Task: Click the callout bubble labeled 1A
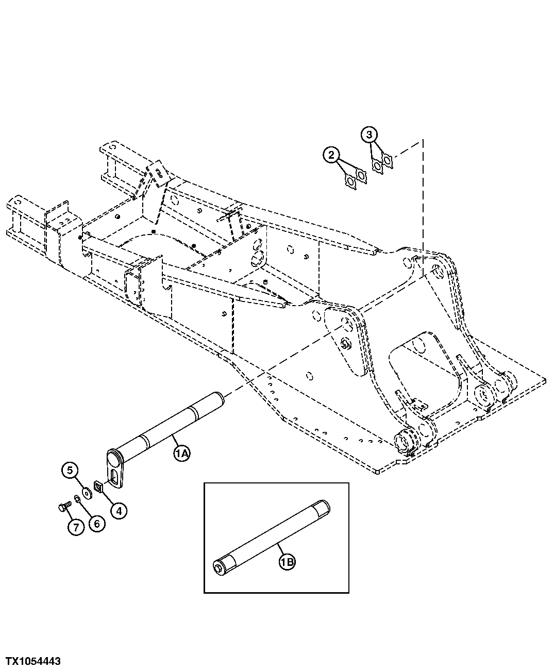click(181, 454)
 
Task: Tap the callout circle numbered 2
click(331, 154)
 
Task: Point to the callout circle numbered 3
click(368, 135)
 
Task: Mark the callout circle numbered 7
click(75, 527)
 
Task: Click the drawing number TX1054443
click(33, 661)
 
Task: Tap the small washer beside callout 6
click(77, 498)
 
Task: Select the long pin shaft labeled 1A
click(165, 423)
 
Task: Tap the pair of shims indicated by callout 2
click(355, 179)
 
